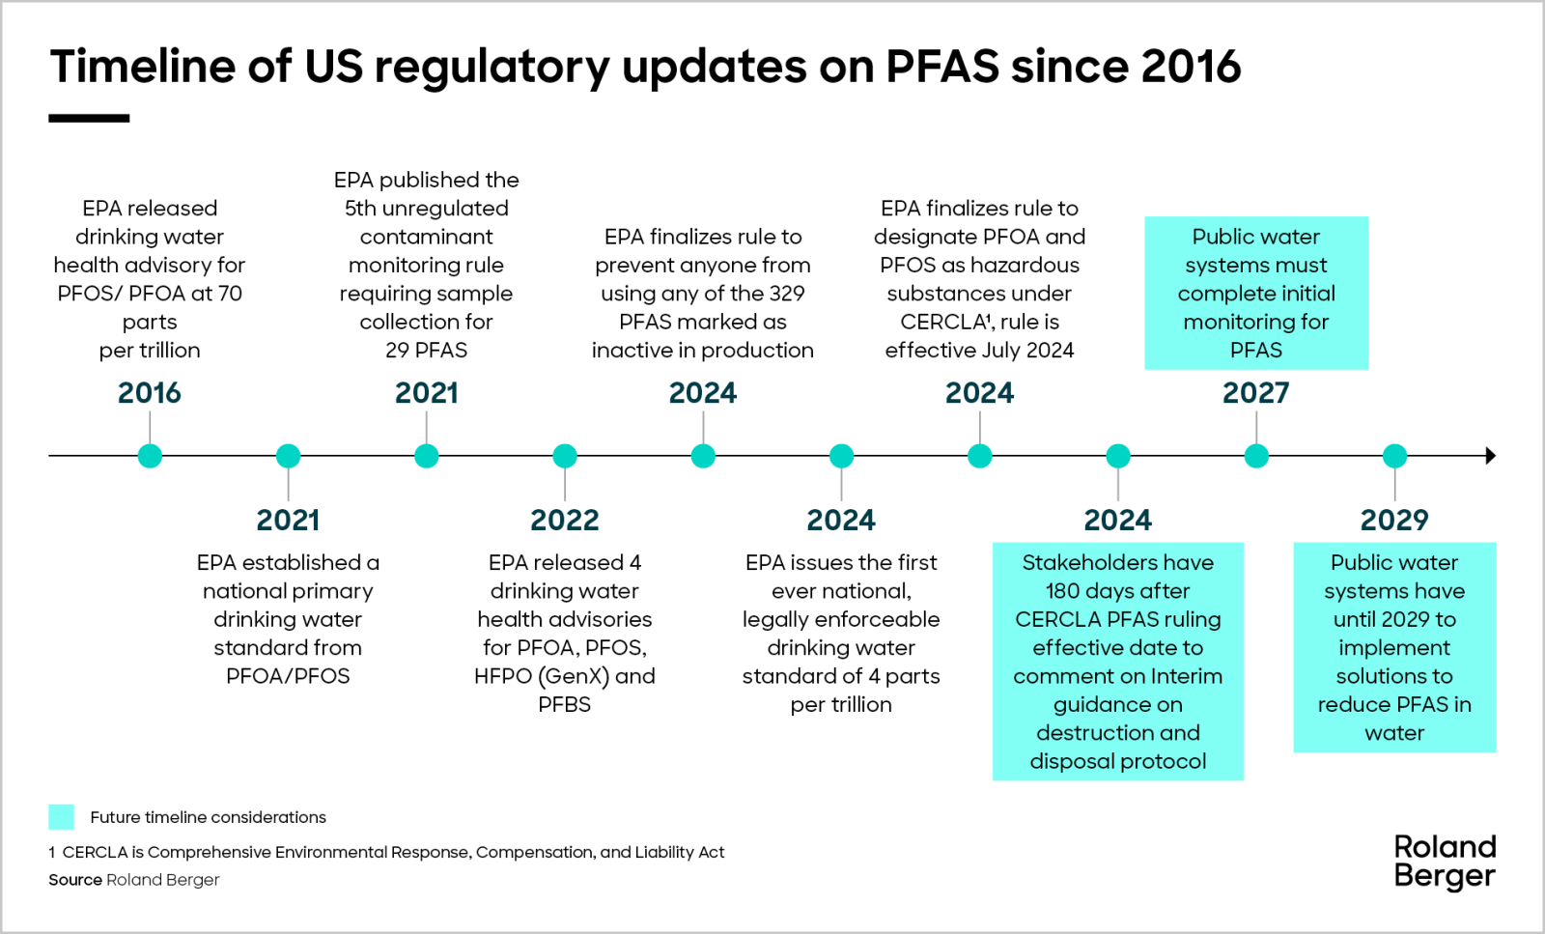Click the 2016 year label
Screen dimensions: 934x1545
coord(150,393)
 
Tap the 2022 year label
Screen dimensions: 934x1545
coord(564,521)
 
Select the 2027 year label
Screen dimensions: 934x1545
coord(1255,393)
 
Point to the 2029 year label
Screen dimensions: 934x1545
coord(1393,521)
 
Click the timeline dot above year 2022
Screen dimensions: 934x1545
coord(565,456)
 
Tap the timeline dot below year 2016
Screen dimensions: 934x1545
coord(150,456)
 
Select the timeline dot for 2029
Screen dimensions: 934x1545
coord(1394,456)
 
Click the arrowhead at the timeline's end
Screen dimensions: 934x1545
coord(1490,456)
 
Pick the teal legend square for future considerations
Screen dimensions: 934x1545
coord(61,817)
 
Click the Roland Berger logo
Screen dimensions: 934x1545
coord(1445,862)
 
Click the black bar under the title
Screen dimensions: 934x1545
coord(89,119)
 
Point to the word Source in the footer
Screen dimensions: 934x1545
coord(75,880)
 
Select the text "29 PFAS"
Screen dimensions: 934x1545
coord(426,351)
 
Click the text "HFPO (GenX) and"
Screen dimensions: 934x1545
coord(564,676)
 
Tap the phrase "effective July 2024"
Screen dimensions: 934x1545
coord(979,351)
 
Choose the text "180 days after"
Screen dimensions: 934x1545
coord(1117,591)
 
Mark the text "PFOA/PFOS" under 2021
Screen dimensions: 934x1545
coord(288,676)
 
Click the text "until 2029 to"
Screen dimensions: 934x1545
coord(1393,619)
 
